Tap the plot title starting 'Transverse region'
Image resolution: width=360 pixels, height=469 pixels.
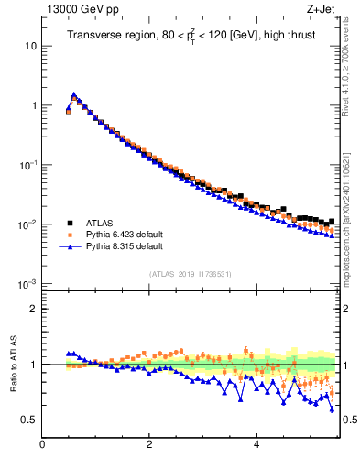click(191, 37)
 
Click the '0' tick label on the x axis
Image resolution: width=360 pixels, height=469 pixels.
click(42, 446)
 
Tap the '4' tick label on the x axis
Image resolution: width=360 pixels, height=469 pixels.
click(256, 446)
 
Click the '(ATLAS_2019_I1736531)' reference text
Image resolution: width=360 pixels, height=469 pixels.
click(191, 274)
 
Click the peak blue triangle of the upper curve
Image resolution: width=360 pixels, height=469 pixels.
click(74, 94)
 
